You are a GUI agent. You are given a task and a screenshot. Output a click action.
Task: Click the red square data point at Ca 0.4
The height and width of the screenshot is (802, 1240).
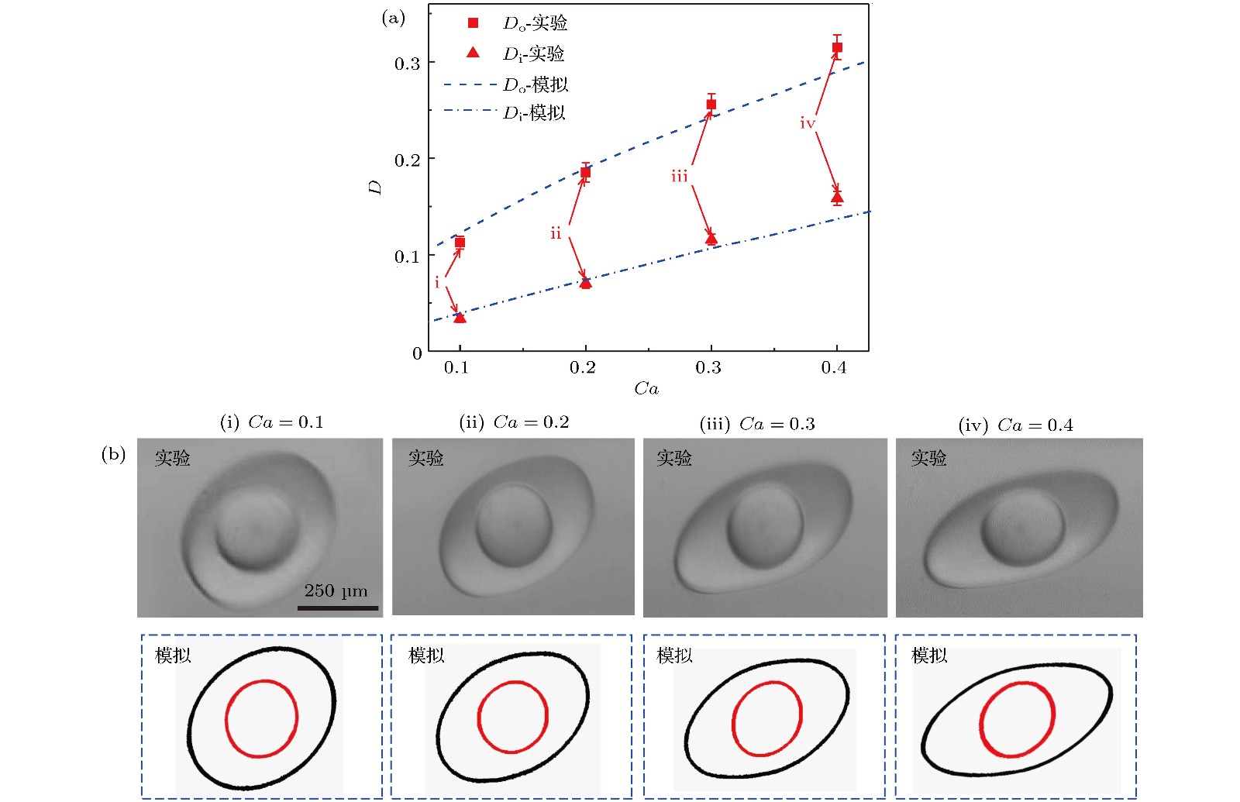837,47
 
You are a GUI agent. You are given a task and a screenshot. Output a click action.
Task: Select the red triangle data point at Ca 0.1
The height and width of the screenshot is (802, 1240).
460,317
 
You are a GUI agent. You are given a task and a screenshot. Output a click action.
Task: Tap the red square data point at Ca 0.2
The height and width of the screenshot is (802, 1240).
585,173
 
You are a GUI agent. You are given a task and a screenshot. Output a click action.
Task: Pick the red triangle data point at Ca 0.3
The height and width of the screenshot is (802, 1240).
711,238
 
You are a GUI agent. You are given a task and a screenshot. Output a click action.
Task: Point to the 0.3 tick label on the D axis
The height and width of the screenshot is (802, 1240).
407,64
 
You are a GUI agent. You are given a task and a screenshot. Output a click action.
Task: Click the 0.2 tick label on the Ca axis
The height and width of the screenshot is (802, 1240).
582,367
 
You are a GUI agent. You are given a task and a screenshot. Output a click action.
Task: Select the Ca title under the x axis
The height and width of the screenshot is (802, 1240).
646,388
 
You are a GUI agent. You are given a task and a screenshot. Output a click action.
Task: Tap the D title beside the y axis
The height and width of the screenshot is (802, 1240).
375,187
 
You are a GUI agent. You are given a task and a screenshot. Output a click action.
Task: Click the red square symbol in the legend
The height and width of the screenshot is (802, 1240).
473,23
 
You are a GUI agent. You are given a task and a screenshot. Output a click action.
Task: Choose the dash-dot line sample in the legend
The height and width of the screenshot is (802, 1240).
470,111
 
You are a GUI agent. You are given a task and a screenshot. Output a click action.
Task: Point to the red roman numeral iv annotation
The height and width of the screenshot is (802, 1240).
808,123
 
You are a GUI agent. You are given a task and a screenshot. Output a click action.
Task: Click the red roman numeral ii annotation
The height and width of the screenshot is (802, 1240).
556,233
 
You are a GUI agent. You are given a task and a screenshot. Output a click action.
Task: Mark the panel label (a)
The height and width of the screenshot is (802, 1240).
393,18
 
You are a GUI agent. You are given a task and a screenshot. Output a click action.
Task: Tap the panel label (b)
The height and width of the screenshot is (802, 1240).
113,453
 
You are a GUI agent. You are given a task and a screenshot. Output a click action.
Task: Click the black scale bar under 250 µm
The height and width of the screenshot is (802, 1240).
338,608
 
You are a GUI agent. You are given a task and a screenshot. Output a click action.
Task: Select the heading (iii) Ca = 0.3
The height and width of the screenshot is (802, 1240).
757,424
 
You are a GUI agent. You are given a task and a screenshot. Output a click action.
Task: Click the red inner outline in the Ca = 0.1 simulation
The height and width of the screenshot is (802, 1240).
226,719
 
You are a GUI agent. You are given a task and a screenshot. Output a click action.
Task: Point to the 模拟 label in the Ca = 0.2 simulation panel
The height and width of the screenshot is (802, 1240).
426,656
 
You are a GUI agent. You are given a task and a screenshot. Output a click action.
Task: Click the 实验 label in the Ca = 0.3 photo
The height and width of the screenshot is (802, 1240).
674,458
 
